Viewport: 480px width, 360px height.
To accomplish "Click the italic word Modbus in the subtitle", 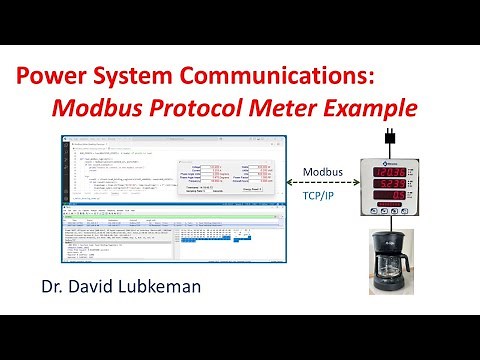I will tap(137, 107).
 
